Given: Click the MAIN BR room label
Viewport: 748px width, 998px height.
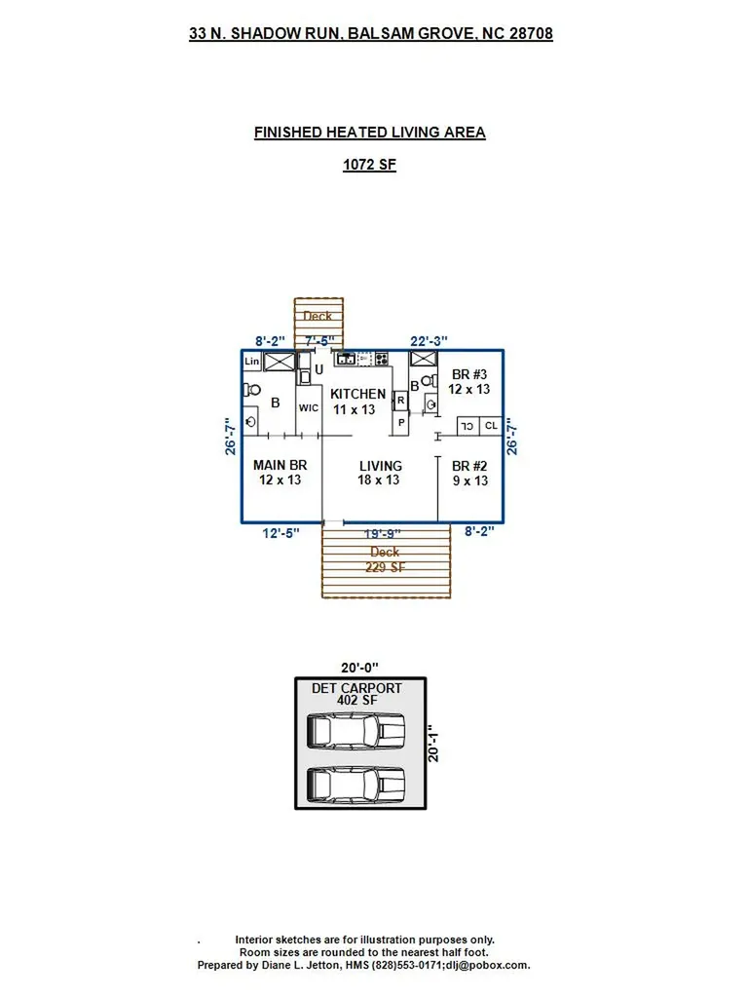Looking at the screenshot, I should [280, 466].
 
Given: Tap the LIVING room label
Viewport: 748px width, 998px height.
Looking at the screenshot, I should [380, 466].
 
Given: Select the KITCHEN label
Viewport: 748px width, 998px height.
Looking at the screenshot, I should [357, 394].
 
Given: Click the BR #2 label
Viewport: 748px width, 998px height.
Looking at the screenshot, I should [468, 466].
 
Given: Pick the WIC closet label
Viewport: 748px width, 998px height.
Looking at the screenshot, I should [309, 407].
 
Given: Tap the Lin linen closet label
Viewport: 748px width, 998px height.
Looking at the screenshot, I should [251, 362].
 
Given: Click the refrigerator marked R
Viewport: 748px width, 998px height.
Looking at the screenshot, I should [400, 401].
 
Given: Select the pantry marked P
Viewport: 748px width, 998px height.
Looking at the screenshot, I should [400, 422].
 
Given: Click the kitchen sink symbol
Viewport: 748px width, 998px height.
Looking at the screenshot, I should [346, 360].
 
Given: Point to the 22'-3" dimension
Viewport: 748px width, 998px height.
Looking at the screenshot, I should [429, 341].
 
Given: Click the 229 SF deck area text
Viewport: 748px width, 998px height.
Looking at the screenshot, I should [385, 567].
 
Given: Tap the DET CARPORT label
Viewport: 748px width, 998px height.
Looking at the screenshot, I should [356, 688].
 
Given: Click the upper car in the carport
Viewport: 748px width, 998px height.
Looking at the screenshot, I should [356, 730].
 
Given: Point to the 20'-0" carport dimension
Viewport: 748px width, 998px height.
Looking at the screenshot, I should [359, 669].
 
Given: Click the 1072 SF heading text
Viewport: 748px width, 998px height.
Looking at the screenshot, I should [369, 165].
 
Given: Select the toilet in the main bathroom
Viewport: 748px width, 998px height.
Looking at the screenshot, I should [252, 390].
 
